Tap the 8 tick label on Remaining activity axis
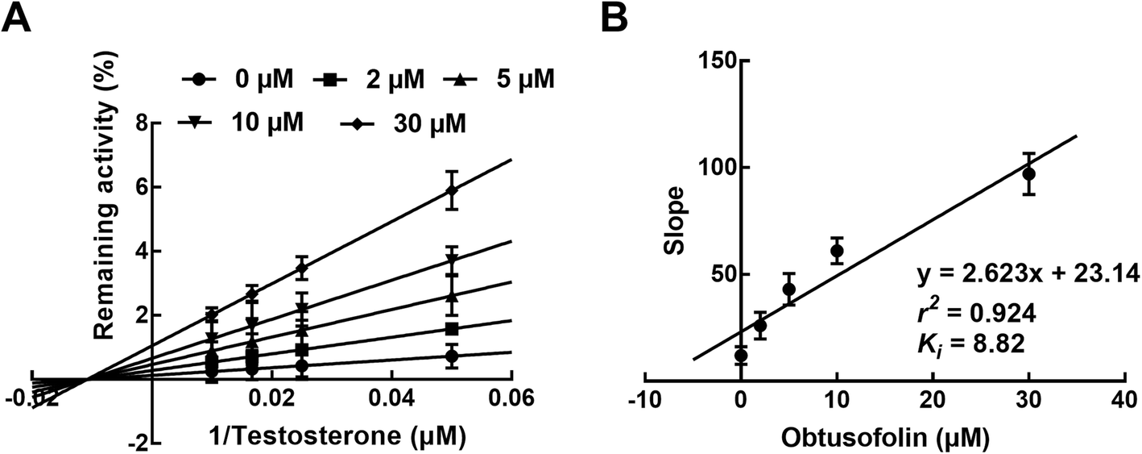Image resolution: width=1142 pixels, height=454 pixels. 142,123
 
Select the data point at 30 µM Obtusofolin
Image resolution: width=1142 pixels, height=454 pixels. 1028,173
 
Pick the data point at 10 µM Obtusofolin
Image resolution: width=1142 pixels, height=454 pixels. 837,251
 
